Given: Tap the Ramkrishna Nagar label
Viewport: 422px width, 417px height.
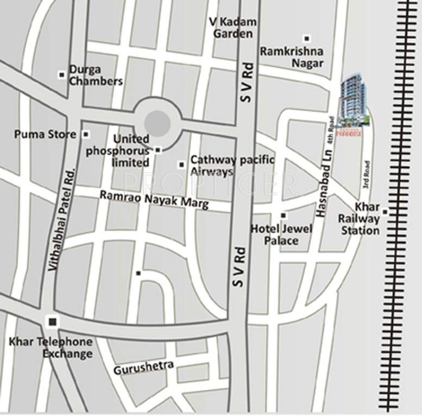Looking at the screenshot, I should [291, 57].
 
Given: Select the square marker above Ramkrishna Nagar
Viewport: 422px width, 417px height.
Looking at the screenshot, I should [307, 39].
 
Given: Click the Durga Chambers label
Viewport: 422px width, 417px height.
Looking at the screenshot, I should [96, 75].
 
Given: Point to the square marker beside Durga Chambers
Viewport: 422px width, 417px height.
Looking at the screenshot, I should [62, 74].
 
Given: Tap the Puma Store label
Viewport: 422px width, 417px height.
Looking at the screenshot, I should [46, 134].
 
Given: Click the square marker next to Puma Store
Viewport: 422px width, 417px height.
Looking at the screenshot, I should [86, 134].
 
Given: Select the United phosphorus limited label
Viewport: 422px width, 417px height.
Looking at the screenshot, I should [117, 150].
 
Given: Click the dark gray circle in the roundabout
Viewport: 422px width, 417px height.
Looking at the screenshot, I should [158, 123].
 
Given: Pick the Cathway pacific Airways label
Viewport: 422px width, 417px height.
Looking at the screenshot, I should [232, 166].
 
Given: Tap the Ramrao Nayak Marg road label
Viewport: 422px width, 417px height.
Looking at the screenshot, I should [147, 199].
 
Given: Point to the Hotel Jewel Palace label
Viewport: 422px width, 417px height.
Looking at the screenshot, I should [281, 234].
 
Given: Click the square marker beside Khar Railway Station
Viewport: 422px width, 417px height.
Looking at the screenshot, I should [385, 212].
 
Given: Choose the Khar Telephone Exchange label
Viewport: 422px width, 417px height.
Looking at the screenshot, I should [51, 347].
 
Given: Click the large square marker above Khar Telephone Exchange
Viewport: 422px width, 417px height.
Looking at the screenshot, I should [52, 323].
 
